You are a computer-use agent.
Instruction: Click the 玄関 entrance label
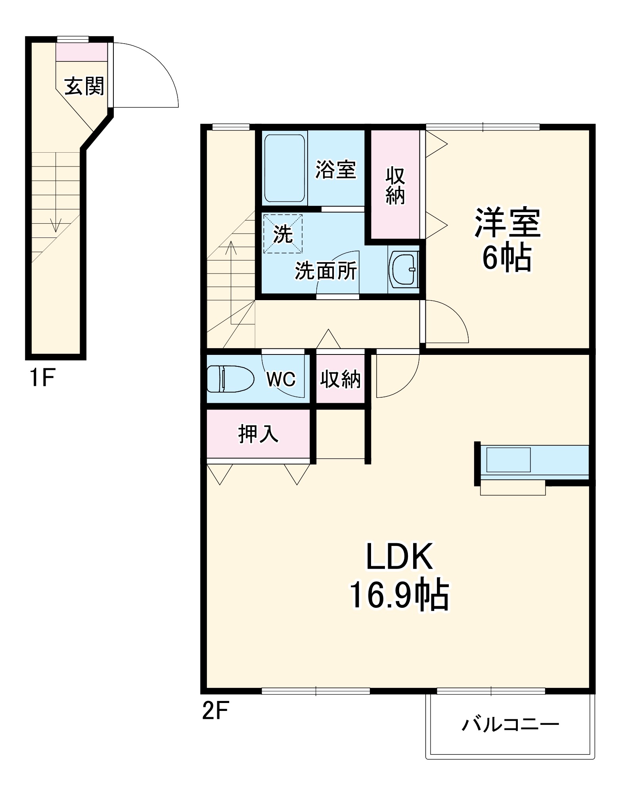(84, 86)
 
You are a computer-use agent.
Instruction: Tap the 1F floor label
(42, 378)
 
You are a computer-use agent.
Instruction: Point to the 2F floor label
(216, 711)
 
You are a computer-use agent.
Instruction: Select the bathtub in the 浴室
(284, 168)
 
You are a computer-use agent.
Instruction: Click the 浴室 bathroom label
(335, 170)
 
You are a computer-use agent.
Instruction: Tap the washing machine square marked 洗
(283, 234)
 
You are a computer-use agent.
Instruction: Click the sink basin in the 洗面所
(403, 270)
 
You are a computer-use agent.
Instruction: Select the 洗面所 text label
(326, 271)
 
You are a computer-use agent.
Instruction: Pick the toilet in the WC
(230, 379)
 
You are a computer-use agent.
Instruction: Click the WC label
(281, 379)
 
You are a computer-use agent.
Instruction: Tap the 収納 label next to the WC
(341, 379)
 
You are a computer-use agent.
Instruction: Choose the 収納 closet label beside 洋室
(395, 186)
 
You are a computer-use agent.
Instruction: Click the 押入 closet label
(258, 434)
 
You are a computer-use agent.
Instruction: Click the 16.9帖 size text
(399, 596)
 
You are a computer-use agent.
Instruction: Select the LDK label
(399, 557)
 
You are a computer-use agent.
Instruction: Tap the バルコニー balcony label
(510, 725)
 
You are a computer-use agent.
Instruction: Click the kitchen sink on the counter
(508, 460)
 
